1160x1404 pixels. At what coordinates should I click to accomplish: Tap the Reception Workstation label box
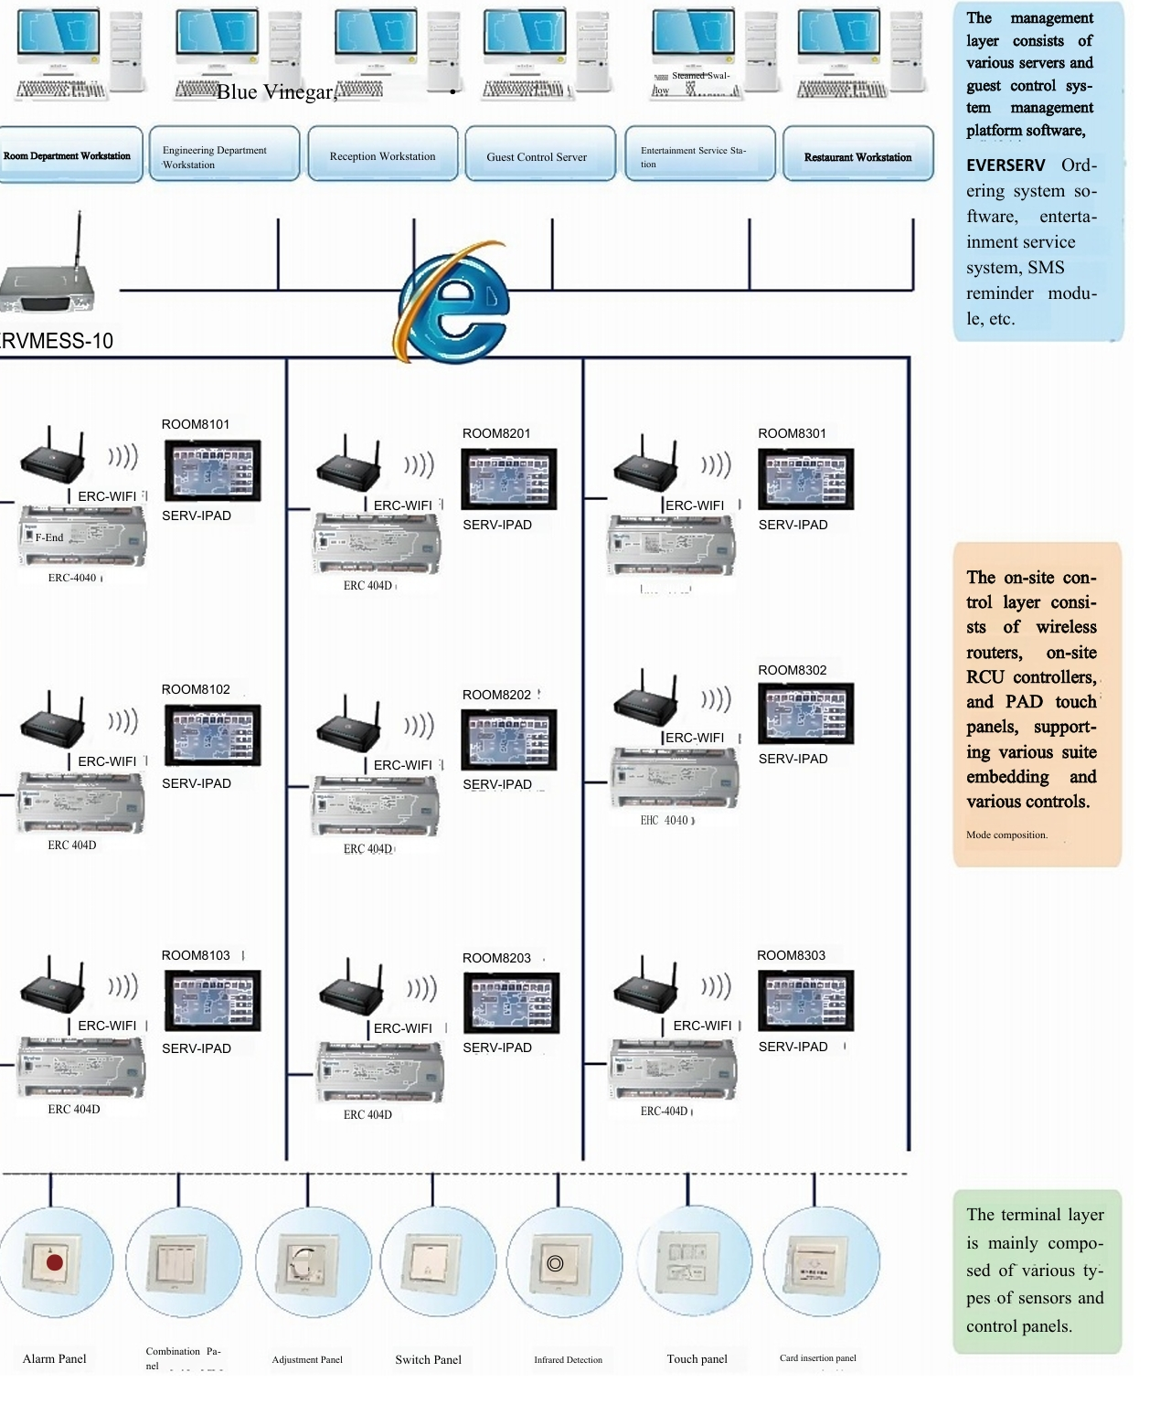point(382,155)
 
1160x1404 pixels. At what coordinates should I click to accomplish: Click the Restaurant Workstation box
point(857,155)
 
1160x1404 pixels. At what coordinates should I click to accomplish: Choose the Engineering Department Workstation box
point(224,155)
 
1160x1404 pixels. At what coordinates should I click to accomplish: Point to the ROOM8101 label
point(196,424)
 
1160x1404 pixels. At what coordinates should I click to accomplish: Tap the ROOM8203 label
point(496,958)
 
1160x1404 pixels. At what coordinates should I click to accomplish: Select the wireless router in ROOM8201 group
point(348,466)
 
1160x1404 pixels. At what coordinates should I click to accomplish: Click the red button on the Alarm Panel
point(54,1262)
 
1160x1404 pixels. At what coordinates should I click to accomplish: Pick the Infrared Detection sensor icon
point(555,1263)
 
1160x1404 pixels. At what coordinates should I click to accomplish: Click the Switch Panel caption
point(428,1359)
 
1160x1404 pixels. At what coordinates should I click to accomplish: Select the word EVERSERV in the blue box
point(1006,165)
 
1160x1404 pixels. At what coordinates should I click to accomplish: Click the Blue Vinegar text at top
point(276,91)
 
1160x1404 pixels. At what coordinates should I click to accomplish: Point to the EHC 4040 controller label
point(666,821)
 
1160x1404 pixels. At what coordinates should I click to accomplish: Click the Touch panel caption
point(697,1359)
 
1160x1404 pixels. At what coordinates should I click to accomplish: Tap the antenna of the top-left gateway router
point(79,238)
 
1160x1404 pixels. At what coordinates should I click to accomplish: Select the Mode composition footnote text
point(1006,835)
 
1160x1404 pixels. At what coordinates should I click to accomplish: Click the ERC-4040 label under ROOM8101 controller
point(73,578)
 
